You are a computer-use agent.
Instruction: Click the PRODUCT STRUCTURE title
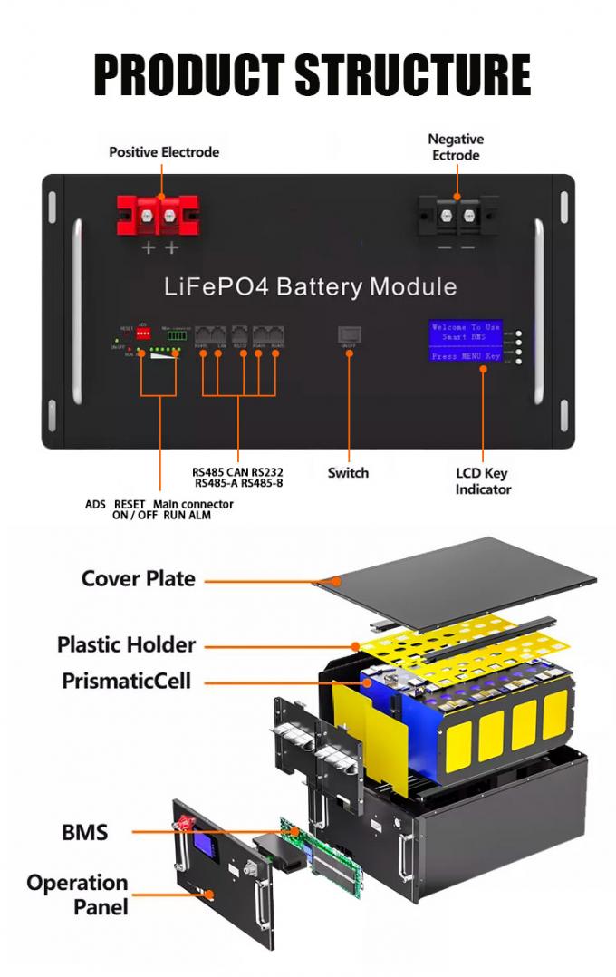click(312, 74)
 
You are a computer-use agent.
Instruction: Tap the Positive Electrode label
click(164, 151)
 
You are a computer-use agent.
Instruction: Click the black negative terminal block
click(457, 217)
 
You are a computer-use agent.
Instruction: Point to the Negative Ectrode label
click(456, 147)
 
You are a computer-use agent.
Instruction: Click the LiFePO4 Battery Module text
click(311, 287)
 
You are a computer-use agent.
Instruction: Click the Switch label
click(348, 472)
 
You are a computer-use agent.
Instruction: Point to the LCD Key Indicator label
click(483, 480)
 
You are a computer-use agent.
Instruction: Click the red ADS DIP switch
click(143, 334)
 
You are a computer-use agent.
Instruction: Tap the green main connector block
click(177, 334)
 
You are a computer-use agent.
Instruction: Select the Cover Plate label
click(139, 578)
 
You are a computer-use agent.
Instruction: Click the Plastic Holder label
click(126, 644)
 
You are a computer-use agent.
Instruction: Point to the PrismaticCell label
click(126, 680)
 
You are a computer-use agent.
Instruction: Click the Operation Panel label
click(77, 894)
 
